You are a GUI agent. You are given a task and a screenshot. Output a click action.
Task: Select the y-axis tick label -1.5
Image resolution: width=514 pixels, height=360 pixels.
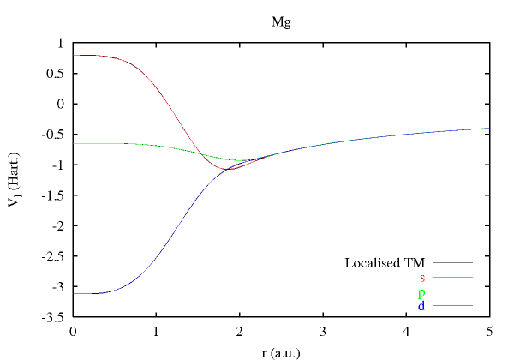point(54,195)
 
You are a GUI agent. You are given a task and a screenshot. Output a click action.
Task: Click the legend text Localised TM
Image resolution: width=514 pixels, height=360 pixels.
point(385,262)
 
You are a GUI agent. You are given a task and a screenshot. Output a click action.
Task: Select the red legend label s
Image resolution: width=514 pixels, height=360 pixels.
point(422,277)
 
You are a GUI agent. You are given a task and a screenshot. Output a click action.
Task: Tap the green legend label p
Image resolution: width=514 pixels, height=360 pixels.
point(422,291)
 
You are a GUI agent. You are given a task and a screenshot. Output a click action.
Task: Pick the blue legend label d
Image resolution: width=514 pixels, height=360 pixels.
point(422,305)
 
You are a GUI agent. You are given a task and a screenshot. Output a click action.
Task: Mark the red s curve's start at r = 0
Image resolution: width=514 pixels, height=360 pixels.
point(75,55)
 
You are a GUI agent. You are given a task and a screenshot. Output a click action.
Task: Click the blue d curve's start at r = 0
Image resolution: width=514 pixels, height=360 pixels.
point(75,293)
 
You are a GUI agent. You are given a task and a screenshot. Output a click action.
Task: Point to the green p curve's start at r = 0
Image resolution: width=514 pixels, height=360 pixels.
point(75,143)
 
